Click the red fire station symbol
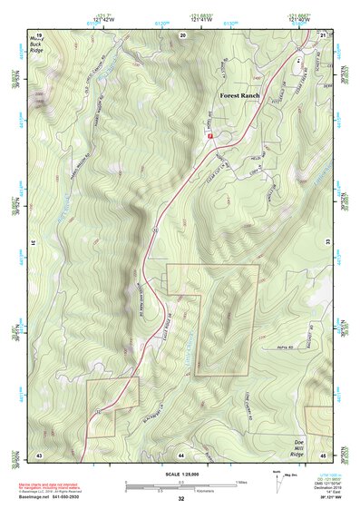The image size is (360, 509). [x=209, y=135]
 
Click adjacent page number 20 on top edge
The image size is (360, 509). [x=182, y=34]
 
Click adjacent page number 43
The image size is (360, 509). [x=40, y=454]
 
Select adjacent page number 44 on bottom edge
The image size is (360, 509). [x=181, y=454]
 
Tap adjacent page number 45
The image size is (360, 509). [x=322, y=454]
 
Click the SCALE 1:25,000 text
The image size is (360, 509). [x=180, y=474]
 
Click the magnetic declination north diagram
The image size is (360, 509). [x=277, y=484]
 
